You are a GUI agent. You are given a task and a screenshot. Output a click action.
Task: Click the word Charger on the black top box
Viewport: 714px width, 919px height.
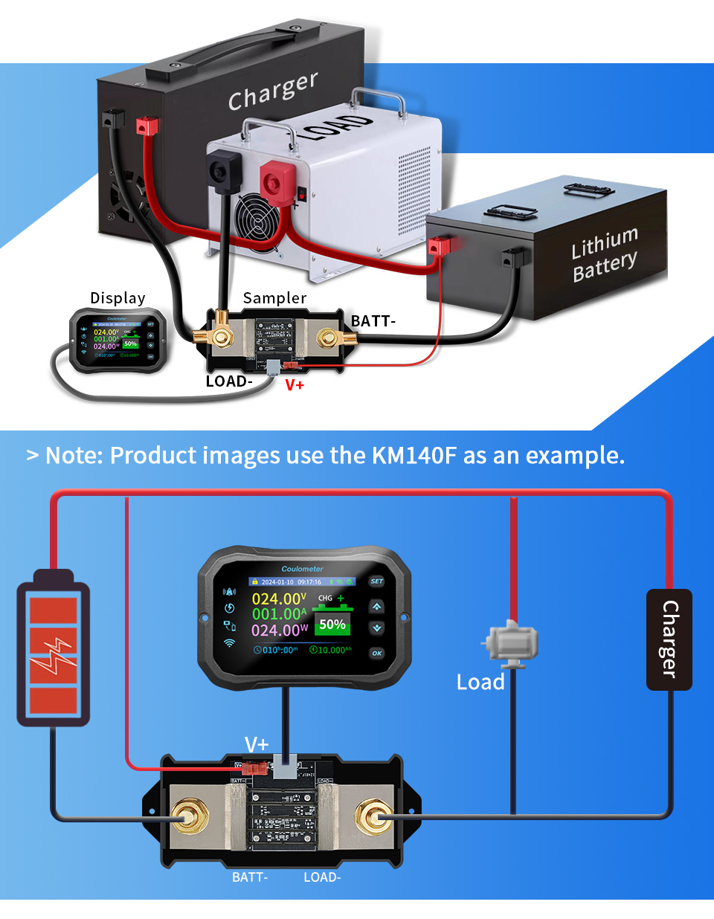pyautogui.click(x=273, y=90)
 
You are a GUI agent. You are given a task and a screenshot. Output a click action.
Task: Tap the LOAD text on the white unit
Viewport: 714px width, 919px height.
pyautogui.click(x=334, y=126)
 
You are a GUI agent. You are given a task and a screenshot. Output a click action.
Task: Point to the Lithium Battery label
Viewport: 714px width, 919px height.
pyautogui.click(x=605, y=254)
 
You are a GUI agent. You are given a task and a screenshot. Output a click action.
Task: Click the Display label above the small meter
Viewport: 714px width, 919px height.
pyautogui.click(x=118, y=298)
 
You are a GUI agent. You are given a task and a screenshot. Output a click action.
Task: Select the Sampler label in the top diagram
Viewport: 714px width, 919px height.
pyautogui.click(x=274, y=298)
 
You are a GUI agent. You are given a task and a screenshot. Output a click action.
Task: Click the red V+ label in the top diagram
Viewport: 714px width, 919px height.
pyautogui.click(x=295, y=385)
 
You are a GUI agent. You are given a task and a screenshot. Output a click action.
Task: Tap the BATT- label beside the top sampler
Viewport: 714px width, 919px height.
pyautogui.click(x=373, y=321)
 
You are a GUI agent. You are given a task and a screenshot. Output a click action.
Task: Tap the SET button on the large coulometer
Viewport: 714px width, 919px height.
pyautogui.click(x=377, y=581)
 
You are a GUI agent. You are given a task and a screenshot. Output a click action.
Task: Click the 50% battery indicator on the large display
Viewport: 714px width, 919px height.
pyautogui.click(x=332, y=625)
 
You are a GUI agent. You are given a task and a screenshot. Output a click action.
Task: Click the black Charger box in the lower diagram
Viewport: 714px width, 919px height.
pyautogui.click(x=669, y=639)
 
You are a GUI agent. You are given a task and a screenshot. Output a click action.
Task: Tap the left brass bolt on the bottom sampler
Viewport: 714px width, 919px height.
pyautogui.click(x=189, y=818)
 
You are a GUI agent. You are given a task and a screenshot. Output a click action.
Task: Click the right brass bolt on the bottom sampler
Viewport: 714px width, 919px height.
pyautogui.click(x=373, y=818)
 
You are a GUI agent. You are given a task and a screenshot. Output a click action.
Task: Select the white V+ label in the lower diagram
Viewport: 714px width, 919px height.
pyautogui.click(x=257, y=744)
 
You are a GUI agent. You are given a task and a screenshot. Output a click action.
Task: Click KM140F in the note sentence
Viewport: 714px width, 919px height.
pyautogui.click(x=414, y=455)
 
